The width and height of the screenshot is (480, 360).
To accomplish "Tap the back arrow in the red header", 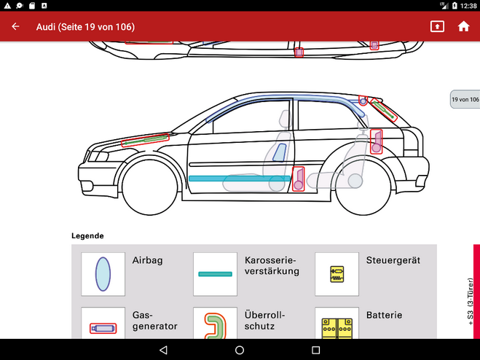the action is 15,27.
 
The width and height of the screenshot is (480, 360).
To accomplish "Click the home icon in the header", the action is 463,27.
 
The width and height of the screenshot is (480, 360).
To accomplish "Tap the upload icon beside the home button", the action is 436,27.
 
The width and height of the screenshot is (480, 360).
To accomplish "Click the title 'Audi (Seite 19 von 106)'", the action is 85,27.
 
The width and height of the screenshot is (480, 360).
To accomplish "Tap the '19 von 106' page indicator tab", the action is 465,99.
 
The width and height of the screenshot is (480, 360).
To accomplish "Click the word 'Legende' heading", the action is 87,236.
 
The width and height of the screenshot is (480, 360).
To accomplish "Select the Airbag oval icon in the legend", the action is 103,274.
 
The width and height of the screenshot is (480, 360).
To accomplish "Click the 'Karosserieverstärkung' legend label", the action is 272,265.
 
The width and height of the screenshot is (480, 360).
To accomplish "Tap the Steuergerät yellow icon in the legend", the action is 337,274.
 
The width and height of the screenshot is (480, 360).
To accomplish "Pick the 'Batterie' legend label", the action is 384,316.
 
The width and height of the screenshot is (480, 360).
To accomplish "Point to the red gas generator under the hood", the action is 146,141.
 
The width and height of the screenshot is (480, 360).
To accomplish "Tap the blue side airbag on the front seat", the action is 278,152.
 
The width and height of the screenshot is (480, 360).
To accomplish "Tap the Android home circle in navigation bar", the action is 240,350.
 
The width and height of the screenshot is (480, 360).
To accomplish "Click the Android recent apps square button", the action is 315,350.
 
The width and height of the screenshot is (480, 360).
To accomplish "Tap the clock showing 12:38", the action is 468,5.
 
